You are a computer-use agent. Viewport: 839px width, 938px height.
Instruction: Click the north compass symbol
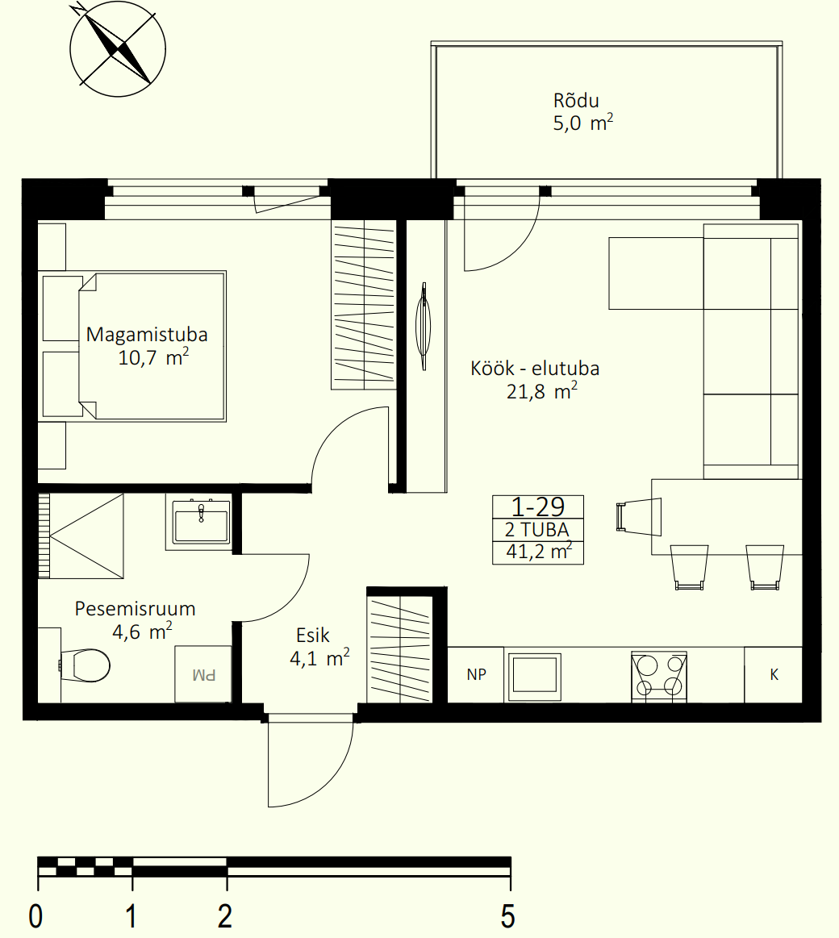(117, 49)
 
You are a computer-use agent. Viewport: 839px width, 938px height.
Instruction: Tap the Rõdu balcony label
(576, 100)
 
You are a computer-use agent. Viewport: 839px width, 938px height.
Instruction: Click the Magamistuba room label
(147, 334)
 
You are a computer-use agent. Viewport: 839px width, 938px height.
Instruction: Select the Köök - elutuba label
(534, 368)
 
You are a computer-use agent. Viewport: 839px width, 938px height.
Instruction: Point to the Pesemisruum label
(135, 608)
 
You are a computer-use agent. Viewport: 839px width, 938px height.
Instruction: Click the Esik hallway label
(312, 635)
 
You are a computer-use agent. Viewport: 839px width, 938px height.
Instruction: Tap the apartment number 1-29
(538, 507)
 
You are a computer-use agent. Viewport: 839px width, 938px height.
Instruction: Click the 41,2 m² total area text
(539, 551)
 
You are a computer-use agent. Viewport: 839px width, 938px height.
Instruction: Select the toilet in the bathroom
(85, 665)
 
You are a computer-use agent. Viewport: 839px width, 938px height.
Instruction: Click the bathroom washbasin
(201, 523)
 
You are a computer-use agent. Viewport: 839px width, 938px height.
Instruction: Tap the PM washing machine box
(202, 674)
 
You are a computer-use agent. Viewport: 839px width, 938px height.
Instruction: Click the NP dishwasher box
(476, 675)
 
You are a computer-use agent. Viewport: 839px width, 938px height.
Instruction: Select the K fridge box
(773, 675)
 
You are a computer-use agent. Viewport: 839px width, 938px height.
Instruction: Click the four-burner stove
(659, 677)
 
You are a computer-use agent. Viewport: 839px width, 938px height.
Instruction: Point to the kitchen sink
(534, 677)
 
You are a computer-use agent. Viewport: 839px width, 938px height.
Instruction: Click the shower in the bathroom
(81, 536)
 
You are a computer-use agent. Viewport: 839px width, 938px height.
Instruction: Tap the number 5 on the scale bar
(507, 916)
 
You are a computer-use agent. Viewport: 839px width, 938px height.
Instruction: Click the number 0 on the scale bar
(36, 916)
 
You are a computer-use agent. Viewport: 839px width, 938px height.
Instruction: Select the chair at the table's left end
(638, 517)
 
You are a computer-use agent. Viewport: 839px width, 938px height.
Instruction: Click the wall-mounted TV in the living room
(424, 326)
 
